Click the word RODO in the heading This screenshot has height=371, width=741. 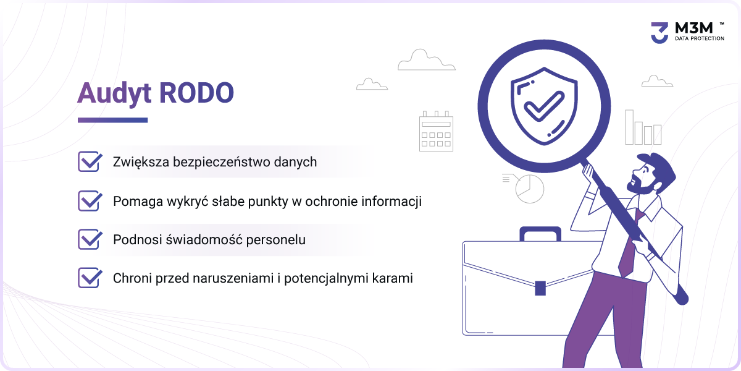pos(197,93)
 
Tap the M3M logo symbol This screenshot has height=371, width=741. pos(659,33)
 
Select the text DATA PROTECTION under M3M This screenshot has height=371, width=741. pos(699,38)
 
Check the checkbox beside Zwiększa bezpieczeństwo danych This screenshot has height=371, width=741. pos(90,161)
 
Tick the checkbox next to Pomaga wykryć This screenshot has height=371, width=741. pos(90,201)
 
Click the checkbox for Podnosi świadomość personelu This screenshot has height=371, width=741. pos(90,239)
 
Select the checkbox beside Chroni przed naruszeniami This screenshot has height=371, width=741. pos(90,278)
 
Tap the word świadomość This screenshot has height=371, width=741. pos(204,240)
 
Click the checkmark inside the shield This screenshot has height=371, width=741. pos(544,106)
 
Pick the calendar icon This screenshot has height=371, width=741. pos(436,131)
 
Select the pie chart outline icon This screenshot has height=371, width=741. pos(529,189)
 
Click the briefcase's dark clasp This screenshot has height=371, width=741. pos(540,288)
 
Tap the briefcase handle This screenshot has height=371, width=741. pos(540,233)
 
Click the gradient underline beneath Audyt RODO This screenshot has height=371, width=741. pos(112,120)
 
